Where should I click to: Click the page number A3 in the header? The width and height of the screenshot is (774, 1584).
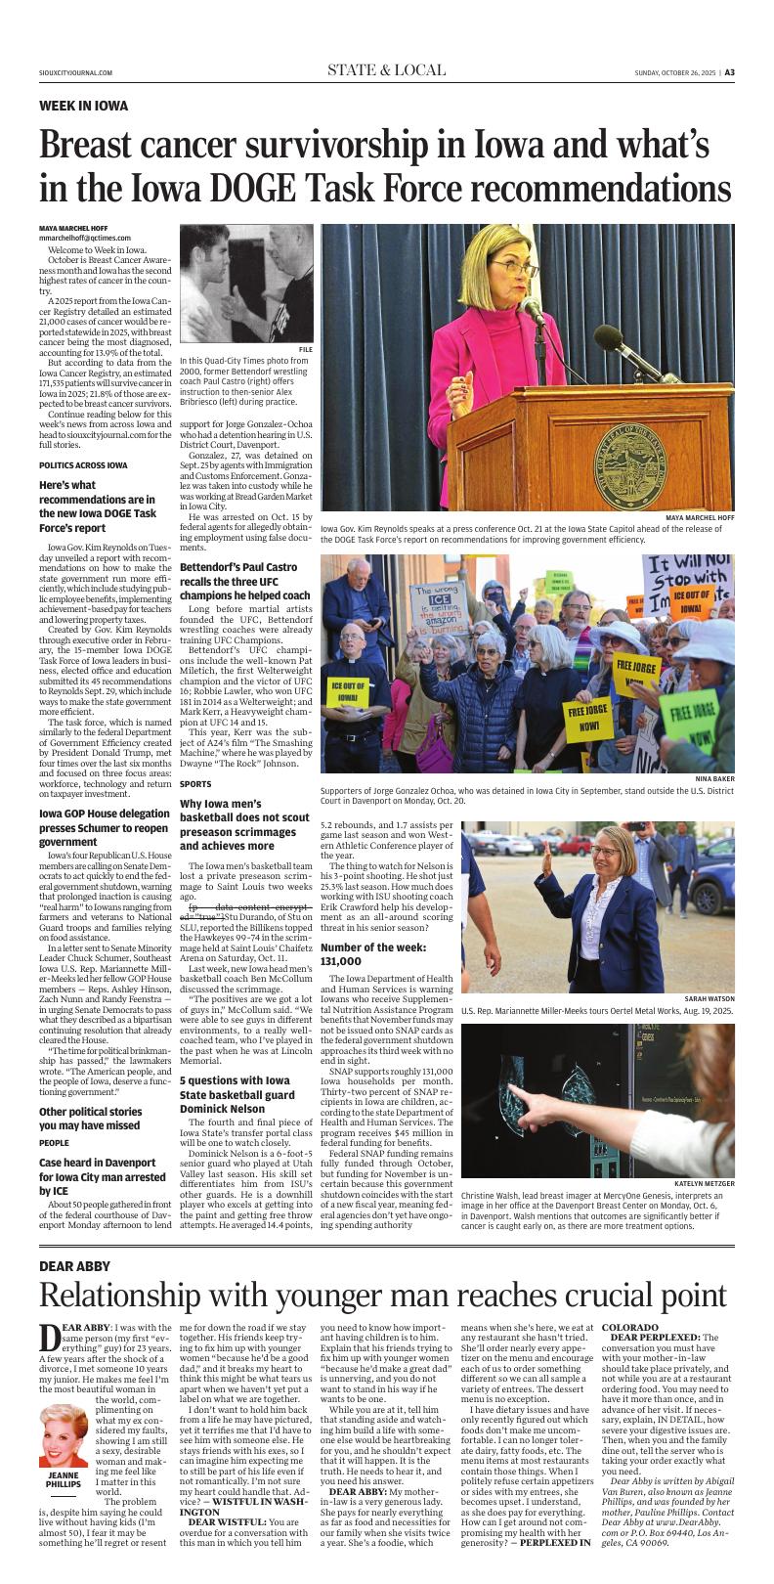757,71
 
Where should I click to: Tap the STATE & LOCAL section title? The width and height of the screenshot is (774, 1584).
386,70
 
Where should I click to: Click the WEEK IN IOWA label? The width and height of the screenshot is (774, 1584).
83,106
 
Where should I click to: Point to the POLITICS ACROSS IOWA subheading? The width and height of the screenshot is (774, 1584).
83,464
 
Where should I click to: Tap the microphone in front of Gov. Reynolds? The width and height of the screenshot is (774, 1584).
532,311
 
